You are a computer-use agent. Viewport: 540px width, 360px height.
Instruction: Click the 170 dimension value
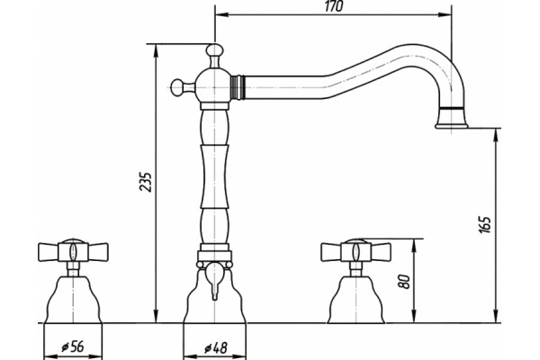334,7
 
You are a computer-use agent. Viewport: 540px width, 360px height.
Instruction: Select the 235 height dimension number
146,182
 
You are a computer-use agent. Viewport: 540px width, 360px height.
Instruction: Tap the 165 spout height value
485,225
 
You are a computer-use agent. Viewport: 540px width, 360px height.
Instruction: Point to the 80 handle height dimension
405,282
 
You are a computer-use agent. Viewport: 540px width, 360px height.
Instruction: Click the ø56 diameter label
73,346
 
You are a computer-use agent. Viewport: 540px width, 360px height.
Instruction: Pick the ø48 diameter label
216,348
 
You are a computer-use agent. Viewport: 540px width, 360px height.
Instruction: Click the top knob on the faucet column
214,50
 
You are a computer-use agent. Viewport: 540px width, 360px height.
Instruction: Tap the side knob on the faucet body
179,86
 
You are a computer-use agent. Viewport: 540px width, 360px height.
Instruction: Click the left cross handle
73,251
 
